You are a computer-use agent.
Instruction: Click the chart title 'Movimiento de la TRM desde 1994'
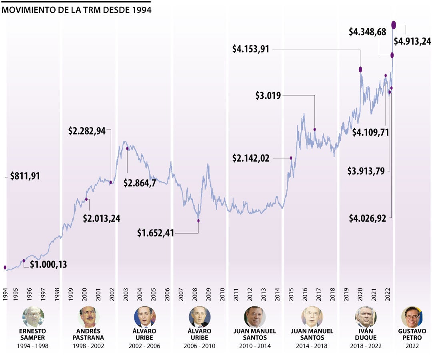(76, 10)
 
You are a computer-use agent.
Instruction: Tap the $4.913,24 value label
(412, 41)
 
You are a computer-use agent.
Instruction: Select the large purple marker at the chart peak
(394, 25)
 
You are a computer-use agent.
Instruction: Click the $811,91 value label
(25, 176)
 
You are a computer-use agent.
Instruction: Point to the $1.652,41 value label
(156, 233)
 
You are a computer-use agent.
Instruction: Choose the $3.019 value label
(268, 95)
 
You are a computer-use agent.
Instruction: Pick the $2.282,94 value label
(87, 131)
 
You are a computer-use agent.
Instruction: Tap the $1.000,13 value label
(48, 264)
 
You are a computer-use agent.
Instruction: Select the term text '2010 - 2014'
(254, 346)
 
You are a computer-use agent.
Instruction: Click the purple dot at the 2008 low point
(198, 220)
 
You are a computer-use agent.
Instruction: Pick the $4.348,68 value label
(367, 32)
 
